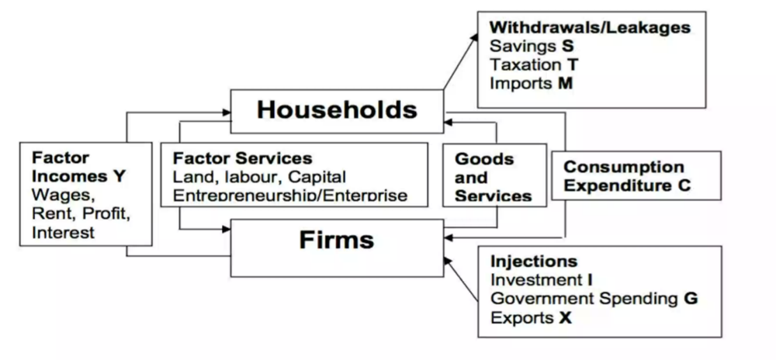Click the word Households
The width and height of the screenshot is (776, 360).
point(337,109)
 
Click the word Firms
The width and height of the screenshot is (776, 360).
point(337,240)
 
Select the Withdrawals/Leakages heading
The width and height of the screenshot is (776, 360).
point(590,27)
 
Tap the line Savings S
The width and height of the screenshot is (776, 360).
point(532,46)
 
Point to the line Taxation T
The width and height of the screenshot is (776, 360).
point(535,64)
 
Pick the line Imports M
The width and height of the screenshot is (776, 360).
point(531,82)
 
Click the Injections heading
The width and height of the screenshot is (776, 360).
point(534,261)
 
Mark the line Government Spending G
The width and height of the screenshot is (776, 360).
point(594,298)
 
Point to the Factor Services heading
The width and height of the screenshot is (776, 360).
point(242,158)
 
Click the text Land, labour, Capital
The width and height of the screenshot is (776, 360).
point(259,177)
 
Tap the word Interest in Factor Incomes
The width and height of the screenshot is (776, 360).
point(63,232)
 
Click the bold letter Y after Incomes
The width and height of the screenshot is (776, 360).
point(119,176)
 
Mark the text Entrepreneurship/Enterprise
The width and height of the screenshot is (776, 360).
point(290,196)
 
